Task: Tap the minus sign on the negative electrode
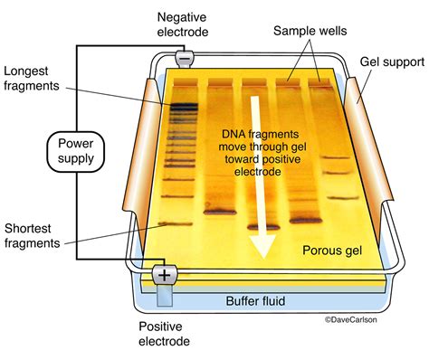(x=185, y=58)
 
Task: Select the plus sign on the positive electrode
(x=165, y=274)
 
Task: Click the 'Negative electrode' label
(x=184, y=25)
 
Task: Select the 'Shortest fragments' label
(x=34, y=236)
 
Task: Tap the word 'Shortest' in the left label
(x=29, y=228)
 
